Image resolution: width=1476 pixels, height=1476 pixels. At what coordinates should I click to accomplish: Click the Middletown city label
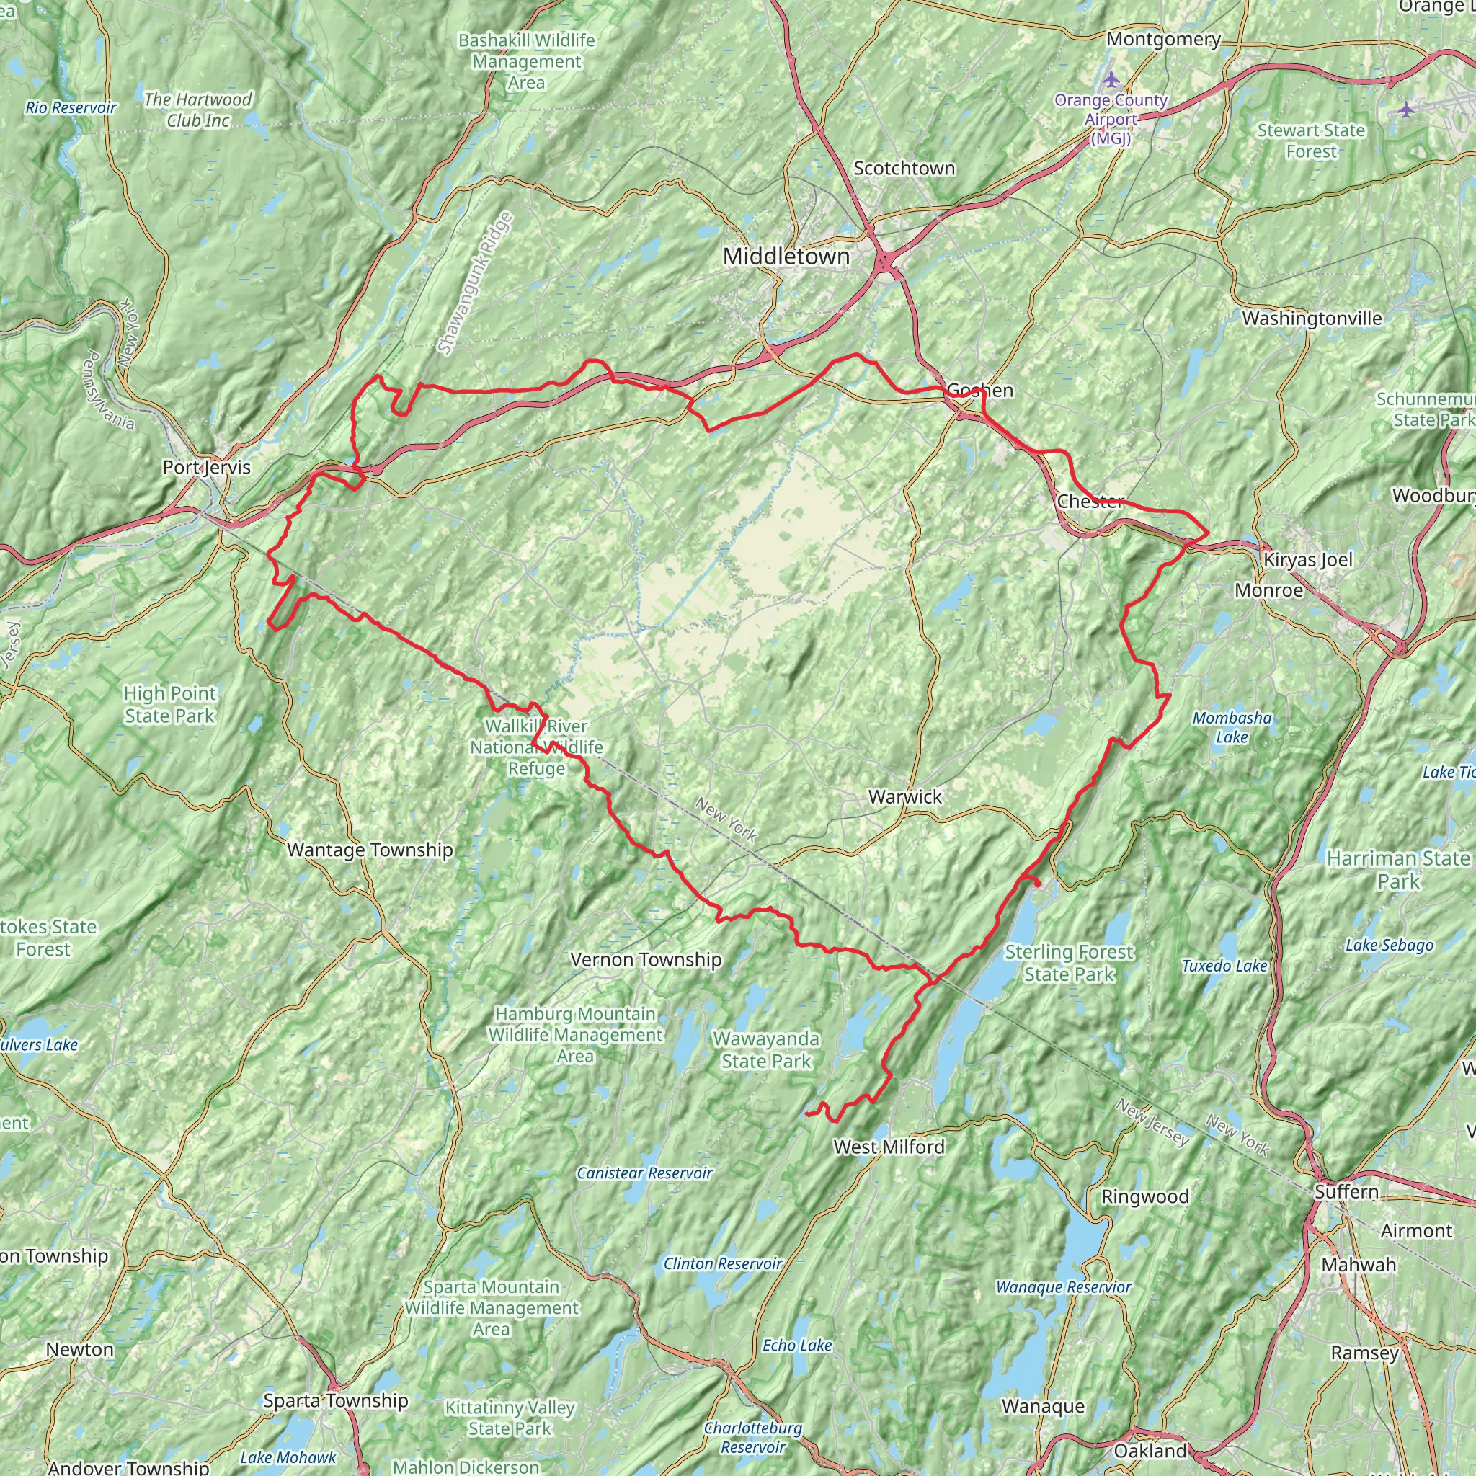786,257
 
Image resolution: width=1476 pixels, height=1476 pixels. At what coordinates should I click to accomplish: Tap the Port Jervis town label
206,467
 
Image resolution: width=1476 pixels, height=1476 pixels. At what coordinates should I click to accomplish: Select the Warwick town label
905,797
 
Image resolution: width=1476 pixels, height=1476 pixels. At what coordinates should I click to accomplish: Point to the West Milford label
889,1147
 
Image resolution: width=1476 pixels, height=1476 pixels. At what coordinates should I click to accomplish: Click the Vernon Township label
646,959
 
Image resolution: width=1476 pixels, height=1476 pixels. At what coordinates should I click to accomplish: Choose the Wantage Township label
370,850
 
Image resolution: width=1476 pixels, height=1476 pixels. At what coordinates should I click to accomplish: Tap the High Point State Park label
169,704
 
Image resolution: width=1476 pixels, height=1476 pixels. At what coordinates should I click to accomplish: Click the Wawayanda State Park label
766,1049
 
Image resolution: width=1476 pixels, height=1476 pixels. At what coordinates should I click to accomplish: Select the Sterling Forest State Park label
1069,963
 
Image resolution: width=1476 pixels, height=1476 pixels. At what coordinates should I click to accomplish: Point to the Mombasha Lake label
1232,727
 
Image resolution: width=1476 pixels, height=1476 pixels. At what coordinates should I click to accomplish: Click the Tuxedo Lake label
1224,966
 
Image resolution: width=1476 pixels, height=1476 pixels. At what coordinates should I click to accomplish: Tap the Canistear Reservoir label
645,1173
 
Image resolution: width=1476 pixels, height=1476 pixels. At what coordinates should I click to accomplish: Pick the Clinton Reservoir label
723,1263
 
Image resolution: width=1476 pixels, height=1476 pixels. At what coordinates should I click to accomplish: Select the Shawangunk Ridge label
475,283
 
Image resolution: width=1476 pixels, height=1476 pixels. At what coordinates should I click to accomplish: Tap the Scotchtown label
904,168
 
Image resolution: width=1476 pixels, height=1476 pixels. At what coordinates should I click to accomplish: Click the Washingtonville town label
1312,319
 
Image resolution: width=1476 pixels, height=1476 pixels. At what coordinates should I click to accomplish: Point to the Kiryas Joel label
1307,560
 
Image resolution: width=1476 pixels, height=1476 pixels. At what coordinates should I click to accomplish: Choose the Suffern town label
1347,1192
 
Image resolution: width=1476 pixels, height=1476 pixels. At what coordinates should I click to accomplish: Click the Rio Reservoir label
71,107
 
